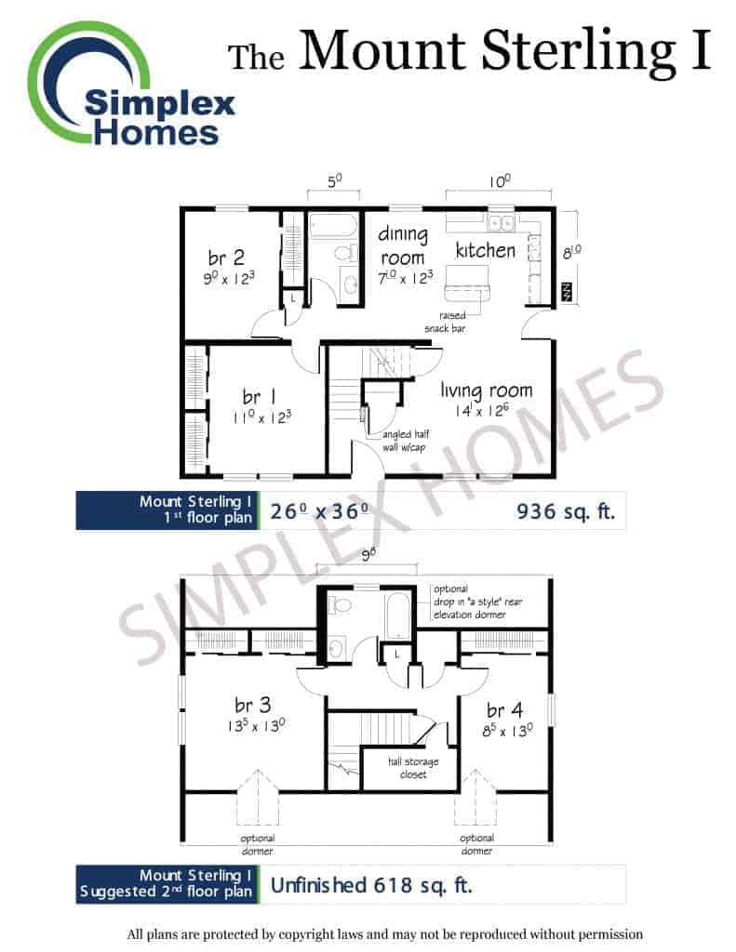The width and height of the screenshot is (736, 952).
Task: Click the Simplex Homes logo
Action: (x=130, y=84)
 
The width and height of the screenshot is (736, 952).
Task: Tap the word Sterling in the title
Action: (x=578, y=52)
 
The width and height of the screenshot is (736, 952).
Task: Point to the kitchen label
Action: (x=485, y=249)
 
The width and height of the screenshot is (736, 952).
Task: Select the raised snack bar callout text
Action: (x=446, y=322)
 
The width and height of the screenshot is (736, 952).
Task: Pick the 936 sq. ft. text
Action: (x=565, y=511)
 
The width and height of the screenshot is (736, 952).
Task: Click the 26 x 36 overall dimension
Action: (x=319, y=511)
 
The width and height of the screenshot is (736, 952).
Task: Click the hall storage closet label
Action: (x=413, y=767)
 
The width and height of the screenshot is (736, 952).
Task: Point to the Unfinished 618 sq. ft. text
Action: (x=370, y=885)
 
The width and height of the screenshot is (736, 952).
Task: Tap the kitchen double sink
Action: (x=502, y=222)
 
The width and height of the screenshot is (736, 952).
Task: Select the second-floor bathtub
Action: (x=398, y=615)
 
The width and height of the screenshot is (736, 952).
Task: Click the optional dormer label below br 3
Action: (x=258, y=844)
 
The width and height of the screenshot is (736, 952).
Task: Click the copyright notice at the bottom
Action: (x=384, y=933)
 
